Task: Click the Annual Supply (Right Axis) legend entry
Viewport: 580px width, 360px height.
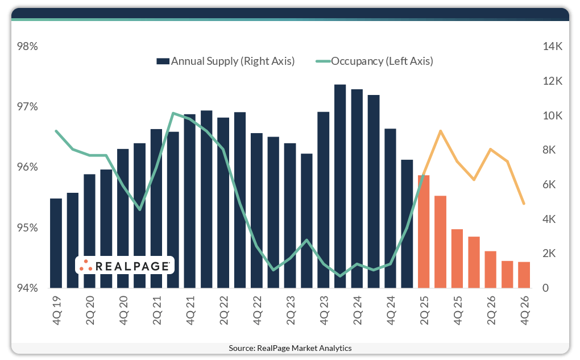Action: (x=226, y=61)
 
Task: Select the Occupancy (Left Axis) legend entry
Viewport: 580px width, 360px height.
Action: (x=375, y=61)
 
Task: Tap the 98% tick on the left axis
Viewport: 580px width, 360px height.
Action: (x=27, y=47)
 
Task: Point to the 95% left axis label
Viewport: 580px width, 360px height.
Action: (x=27, y=228)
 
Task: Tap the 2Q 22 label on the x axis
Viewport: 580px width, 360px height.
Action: (x=224, y=310)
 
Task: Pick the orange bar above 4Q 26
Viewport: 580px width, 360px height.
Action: (x=524, y=275)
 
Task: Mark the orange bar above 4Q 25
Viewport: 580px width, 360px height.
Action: (x=457, y=259)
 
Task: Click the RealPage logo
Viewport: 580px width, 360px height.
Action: (x=125, y=266)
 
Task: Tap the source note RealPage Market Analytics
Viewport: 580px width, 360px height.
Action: (x=290, y=348)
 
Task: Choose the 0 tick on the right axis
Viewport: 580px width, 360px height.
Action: (x=546, y=288)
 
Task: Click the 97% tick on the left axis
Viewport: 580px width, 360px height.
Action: (x=27, y=107)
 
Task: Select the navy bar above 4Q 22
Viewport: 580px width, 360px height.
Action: (x=256, y=211)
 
